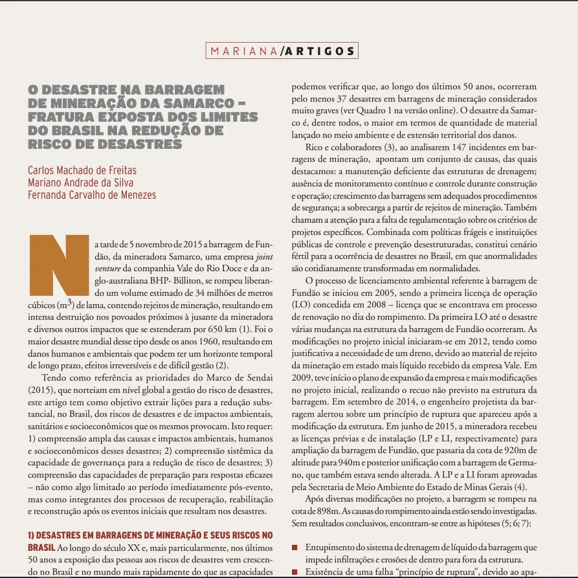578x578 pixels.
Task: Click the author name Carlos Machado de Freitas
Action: click(x=82, y=171)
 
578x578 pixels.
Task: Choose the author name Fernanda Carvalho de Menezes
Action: click(x=92, y=194)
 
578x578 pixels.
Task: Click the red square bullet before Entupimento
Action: click(x=295, y=547)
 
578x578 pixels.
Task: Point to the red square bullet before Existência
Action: click(x=295, y=572)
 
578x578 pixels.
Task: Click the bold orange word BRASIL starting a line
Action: click(x=41, y=548)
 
